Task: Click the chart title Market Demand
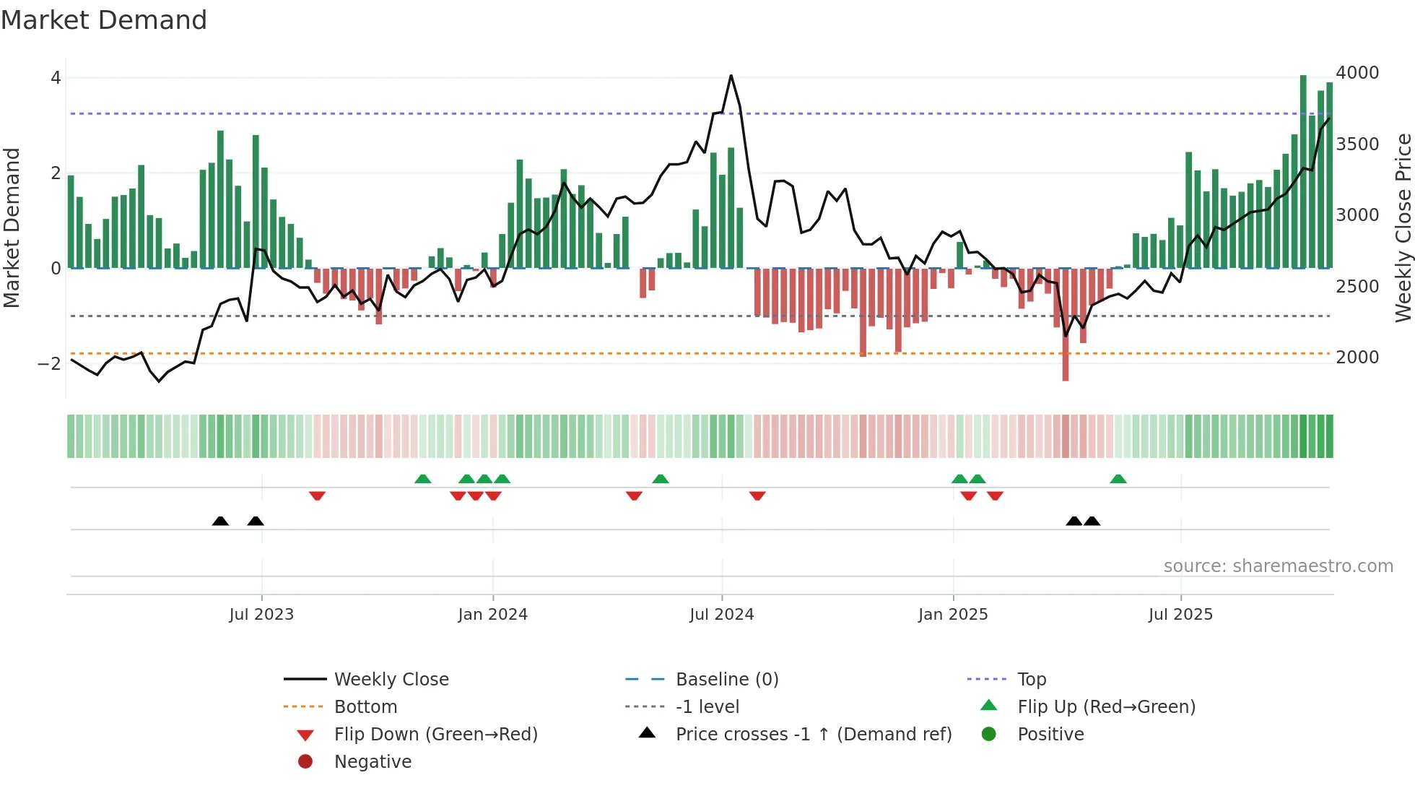(x=104, y=20)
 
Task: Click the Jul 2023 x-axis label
(x=261, y=615)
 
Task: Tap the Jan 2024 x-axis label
(x=492, y=615)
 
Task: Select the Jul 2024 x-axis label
(x=721, y=615)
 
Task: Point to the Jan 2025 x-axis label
(x=953, y=615)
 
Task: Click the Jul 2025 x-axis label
(x=1180, y=615)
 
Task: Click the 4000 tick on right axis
(x=1357, y=73)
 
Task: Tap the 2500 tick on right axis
(x=1357, y=287)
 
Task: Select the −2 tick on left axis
(x=49, y=364)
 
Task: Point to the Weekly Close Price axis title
(x=1402, y=228)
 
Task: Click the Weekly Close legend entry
(x=391, y=680)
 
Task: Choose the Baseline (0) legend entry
(x=726, y=680)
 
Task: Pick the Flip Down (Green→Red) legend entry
(x=435, y=735)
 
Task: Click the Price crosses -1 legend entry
(x=813, y=735)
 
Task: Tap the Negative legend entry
(x=373, y=762)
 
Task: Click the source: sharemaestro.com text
(x=1278, y=566)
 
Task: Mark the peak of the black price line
(x=731, y=76)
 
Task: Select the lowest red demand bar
(x=1065, y=325)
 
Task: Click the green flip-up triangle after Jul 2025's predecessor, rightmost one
(x=1118, y=479)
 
